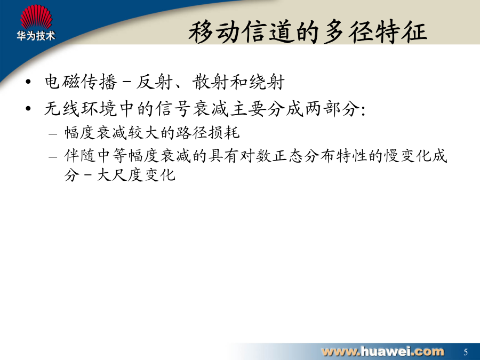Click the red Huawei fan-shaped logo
36,17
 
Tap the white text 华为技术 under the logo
36,36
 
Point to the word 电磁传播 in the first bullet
81,82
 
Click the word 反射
155,82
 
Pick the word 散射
211,82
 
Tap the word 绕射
267,82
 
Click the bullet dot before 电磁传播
28,82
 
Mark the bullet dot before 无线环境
28,109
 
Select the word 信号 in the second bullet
173,109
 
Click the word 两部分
332,109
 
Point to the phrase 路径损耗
207,133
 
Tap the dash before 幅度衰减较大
53,134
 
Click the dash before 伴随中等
53,157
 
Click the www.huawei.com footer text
382,351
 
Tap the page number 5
466,352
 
